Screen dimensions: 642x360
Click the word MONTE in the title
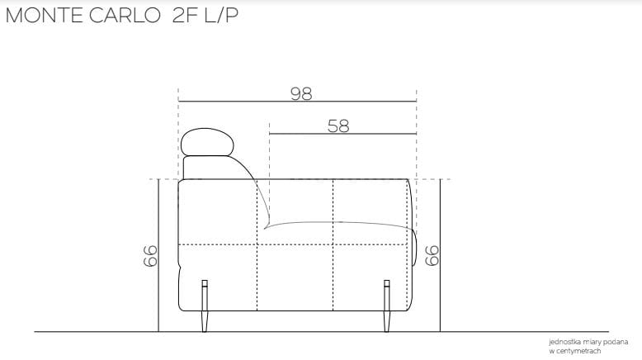(45, 16)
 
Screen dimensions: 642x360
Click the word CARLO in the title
(125, 16)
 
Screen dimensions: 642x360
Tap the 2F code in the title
(185, 16)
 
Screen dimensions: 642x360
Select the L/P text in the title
(221, 16)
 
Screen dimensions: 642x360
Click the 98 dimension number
(301, 94)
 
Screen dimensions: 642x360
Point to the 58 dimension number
(338, 126)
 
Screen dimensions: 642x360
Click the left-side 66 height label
(150, 256)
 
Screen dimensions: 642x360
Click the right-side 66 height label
(432, 256)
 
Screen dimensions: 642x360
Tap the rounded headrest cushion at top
(207, 142)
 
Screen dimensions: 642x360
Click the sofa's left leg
(205, 306)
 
